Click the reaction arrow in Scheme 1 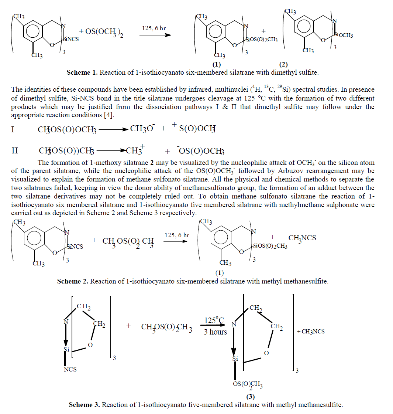(x=155, y=35)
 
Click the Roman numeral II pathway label (x=15, y=151)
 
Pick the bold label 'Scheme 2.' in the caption (x=72, y=281)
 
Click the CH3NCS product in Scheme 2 (x=302, y=238)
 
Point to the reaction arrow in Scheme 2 (x=175, y=242)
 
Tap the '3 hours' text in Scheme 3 (x=215, y=332)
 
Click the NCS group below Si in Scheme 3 (x=70, y=369)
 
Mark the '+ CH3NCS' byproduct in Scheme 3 (x=311, y=332)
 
